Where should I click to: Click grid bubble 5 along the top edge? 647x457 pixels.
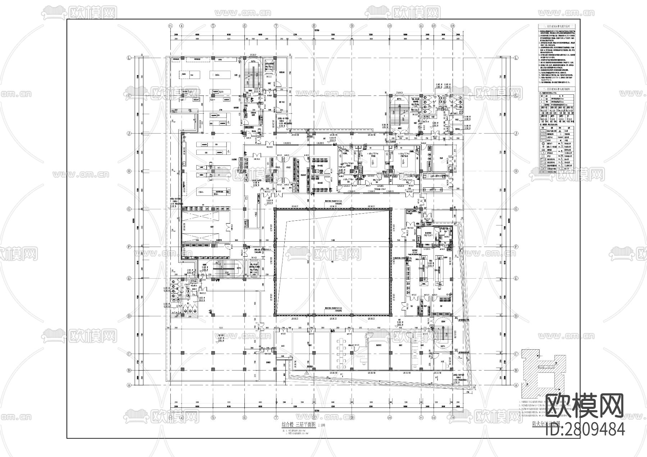[213, 26]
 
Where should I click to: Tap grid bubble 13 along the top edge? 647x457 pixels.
[453, 26]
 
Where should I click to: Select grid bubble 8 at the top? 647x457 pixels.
[314, 26]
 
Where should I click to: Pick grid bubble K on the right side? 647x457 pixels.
[517, 95]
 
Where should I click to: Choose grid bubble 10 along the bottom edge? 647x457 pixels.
[389, 418]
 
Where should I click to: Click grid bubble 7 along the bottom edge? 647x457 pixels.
[276, 418]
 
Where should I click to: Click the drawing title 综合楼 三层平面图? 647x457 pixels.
[298, 424]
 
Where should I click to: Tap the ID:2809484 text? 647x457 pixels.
[585, 429]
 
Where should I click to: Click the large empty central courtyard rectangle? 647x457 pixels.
[332, 262]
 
